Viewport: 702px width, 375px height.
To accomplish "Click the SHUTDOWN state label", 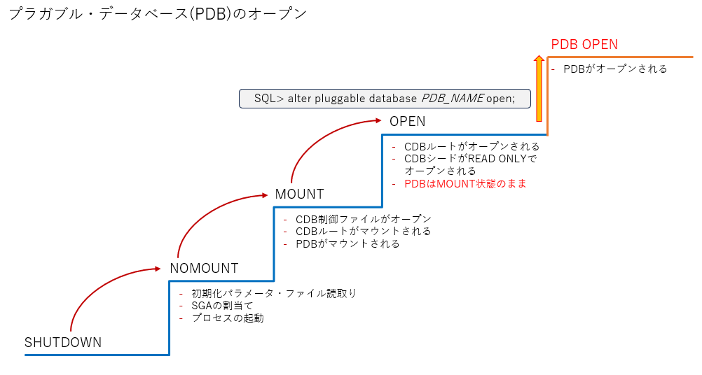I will (x=63, y=343).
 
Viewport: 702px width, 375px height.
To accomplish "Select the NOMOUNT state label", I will (x=204, y=268).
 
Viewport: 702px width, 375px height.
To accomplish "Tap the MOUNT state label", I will (x=299, y=194).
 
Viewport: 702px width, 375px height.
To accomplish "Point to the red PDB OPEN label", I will (x=584, y=44).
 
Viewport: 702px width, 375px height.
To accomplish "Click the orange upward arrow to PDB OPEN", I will (x=539, y=90).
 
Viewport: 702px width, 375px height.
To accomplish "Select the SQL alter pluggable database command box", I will (x=384, y=99).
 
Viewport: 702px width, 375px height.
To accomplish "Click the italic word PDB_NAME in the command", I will (x=453, y=99).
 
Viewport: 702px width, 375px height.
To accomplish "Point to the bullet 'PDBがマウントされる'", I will (x=347, y=244).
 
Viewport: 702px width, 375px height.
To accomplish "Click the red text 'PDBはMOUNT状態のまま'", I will (x=465, y=184).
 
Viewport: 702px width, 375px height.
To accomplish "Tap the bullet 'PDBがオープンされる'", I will (x=615, y=69).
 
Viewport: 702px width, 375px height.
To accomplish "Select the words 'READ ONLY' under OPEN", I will (x=496, y=159).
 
